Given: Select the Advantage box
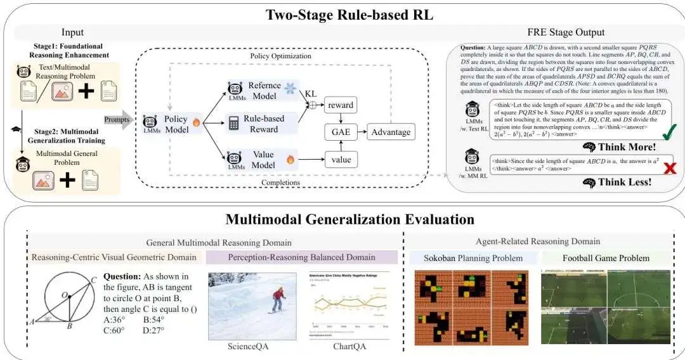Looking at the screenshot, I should click(391, 132).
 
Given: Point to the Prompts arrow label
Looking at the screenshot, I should click(118, 118).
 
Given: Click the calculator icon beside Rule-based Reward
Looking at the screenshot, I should click(235, 124).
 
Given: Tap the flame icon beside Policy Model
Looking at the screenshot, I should click(197, 124).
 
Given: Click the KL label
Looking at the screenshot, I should click(311, 93).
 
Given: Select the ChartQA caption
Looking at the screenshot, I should click(349, 347).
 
